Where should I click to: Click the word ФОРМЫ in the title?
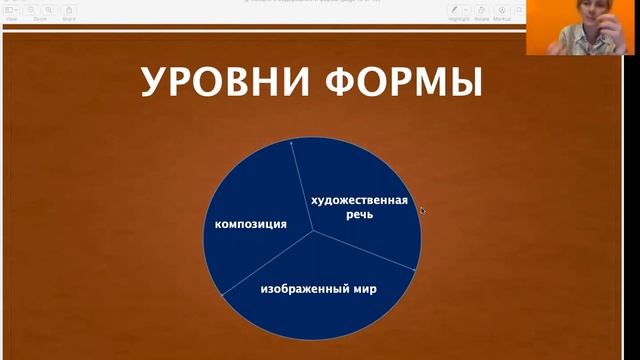pyautogui.click(x=411, y=83)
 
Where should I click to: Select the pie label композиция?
pyautogui.click(x=251, y=224)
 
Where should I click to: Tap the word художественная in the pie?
pyautogui.click(x=359, y=200)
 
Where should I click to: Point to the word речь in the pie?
pyautogui.click(x=359, y=215)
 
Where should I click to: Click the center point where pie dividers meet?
pyautogui.click(x=314, y=230)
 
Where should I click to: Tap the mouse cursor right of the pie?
pyautogui.click(x=422, y=210)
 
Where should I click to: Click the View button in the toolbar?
pyautogui.click(x=12, y=10)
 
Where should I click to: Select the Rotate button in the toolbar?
pyautogui.click(x=481, y=10)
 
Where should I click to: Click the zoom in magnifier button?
pyautogui.click(x=47, y=10)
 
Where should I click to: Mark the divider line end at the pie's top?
pyautogui.click(x=291, y=142)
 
